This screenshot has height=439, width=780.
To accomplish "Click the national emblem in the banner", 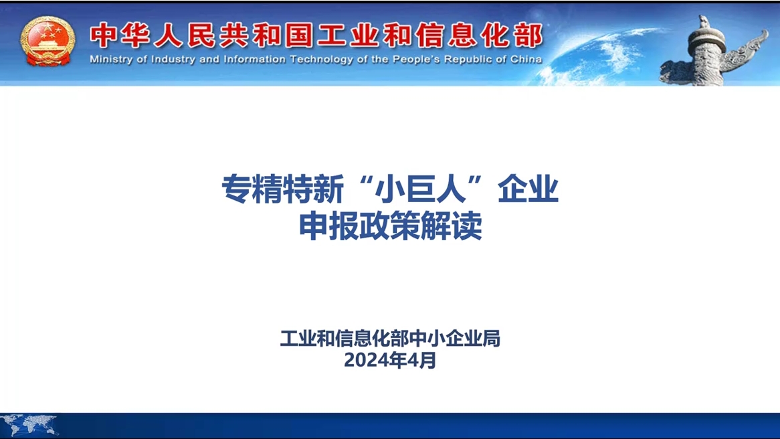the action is point(47,41).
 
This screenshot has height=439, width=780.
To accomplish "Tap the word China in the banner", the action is point(526,60).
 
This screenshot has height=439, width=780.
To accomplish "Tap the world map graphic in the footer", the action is point(29,424).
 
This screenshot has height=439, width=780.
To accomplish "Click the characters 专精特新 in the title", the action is point(282,189).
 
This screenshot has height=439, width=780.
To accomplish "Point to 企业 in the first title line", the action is point(528,189).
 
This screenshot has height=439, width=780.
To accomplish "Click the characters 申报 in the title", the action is point(329,226).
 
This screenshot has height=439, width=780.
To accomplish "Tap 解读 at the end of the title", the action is point(452,226).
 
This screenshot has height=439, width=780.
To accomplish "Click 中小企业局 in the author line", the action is point(454,339).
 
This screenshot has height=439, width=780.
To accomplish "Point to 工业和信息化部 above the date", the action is point(344,339).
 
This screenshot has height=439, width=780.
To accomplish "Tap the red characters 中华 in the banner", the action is point(120,35).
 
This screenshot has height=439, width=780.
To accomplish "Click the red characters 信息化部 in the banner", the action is point(479,35).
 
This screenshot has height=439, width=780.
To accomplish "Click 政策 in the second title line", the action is point(391,226).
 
